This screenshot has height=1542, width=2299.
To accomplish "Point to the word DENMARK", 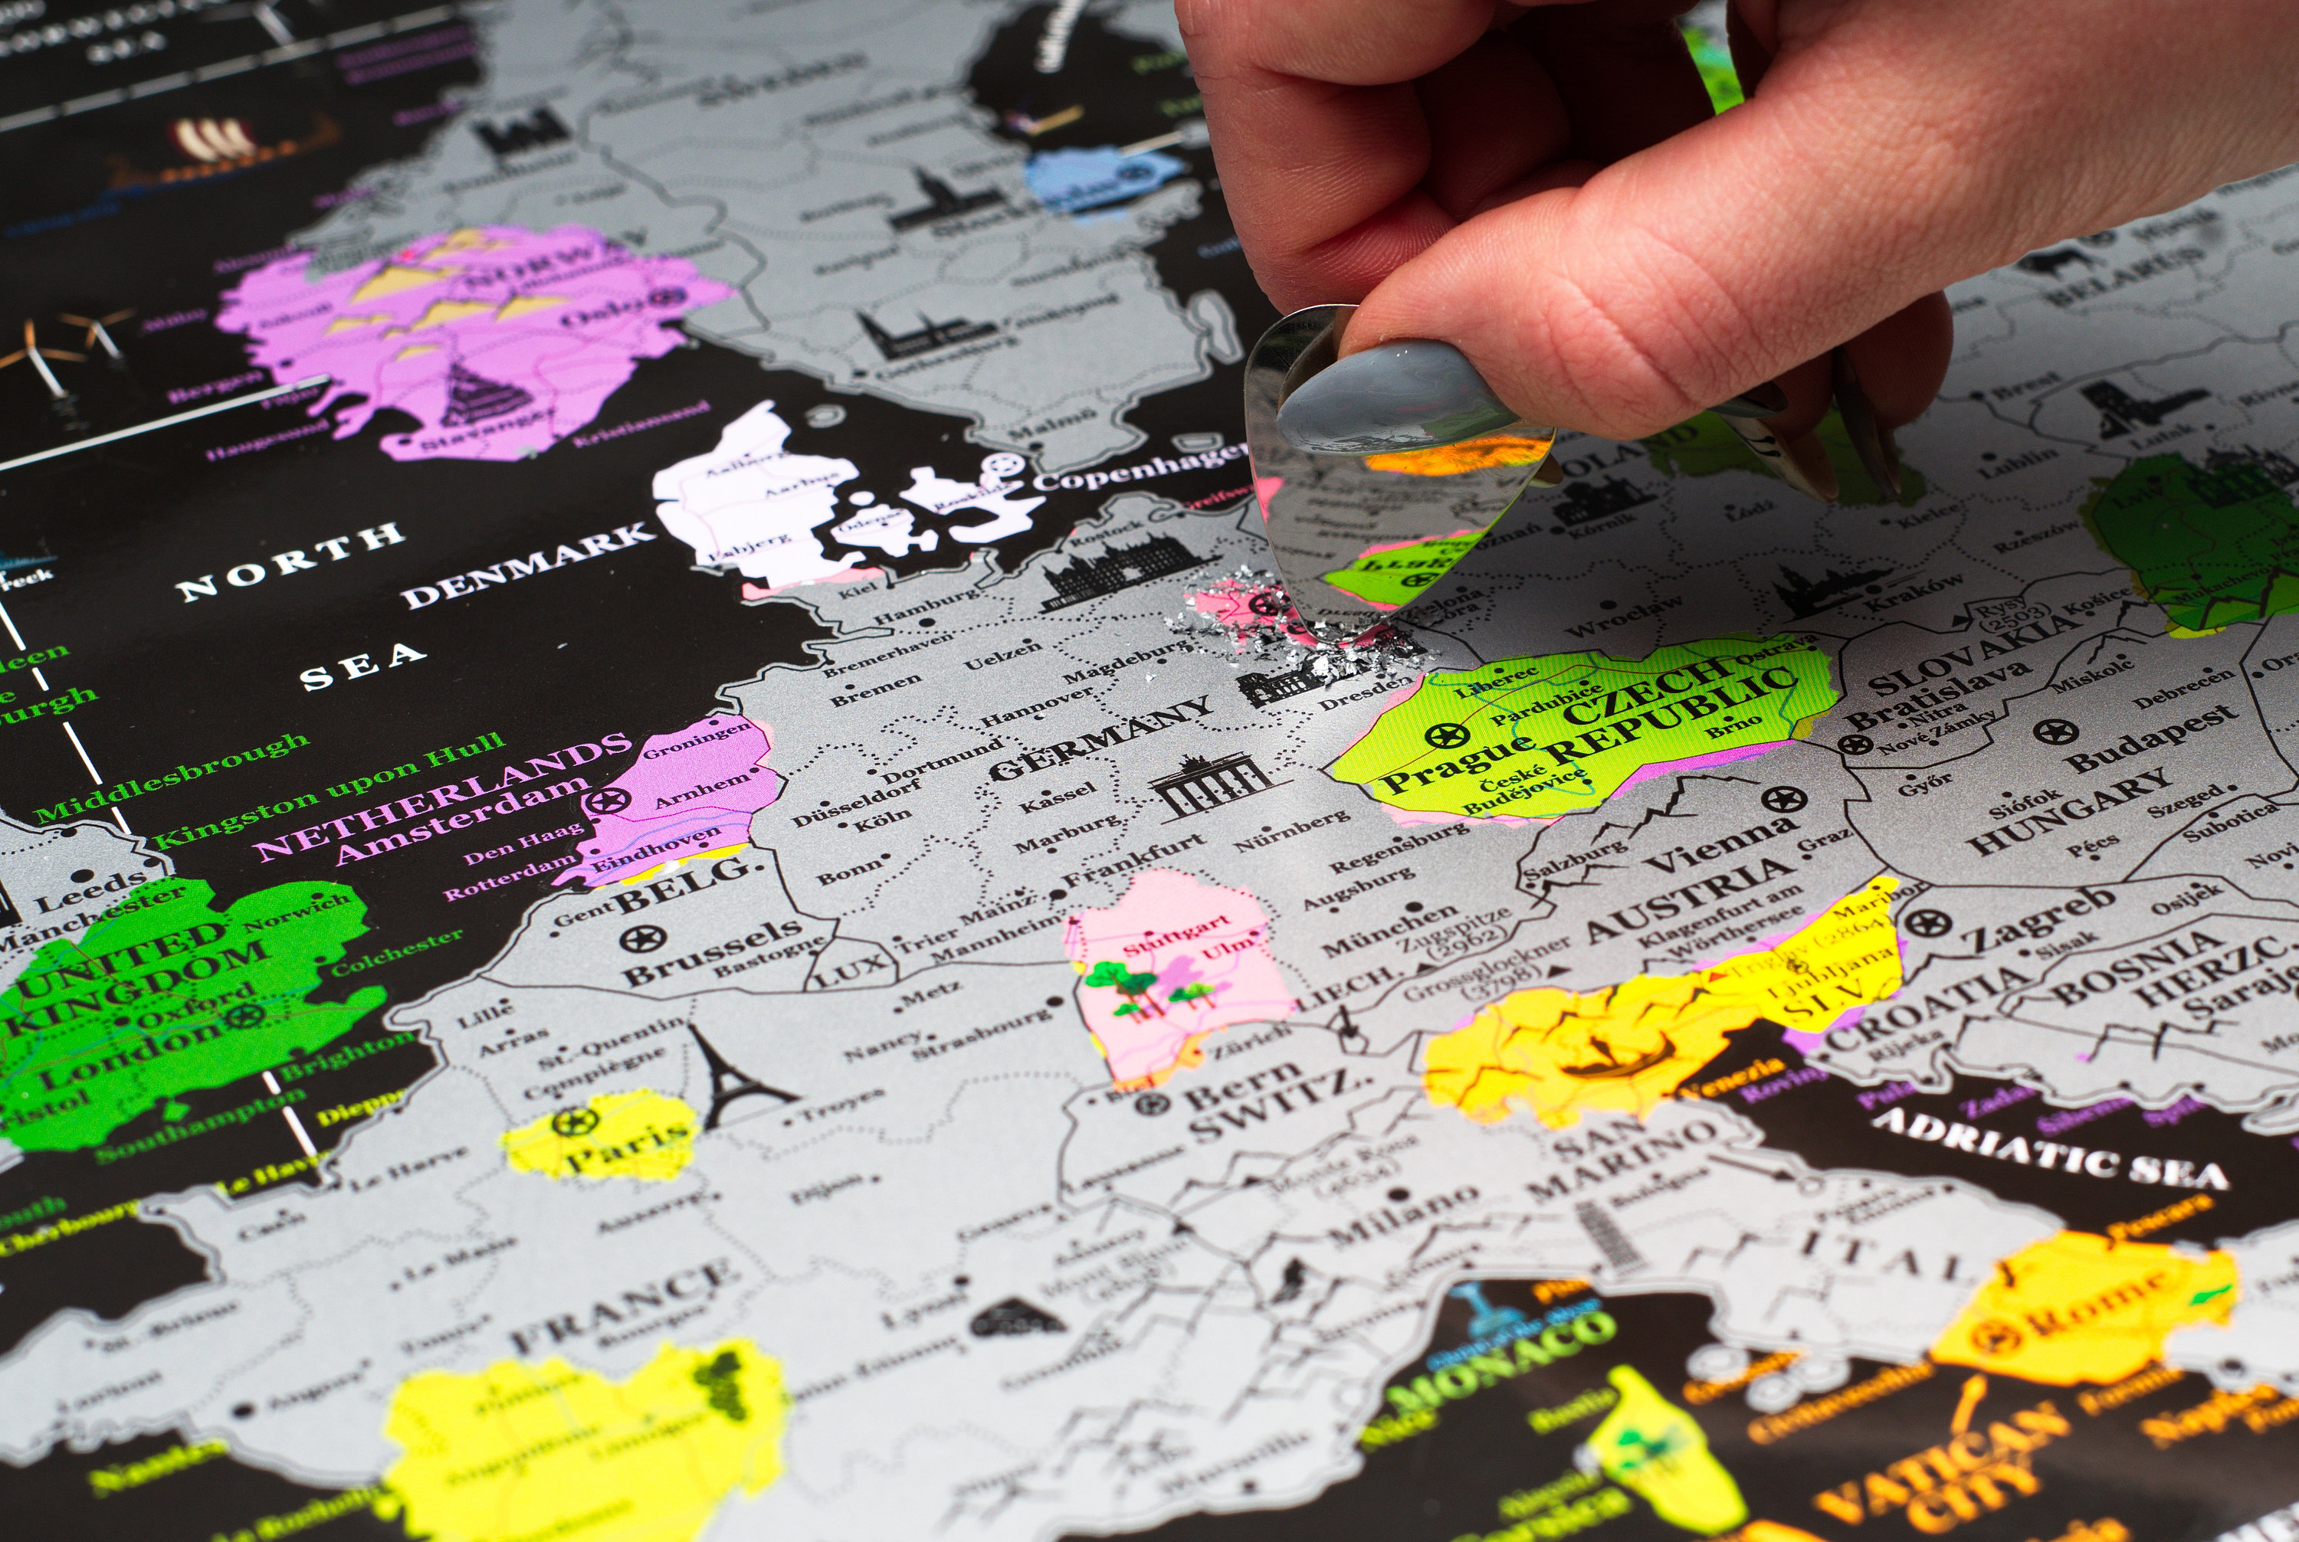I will coord(528,565).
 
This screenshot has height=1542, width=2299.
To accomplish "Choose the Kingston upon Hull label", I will coord(330,790).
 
